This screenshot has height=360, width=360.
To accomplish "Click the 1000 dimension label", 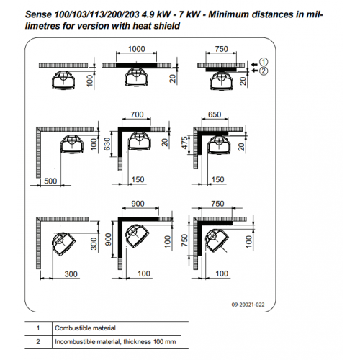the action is (136, 49).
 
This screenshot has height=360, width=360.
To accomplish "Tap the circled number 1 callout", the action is (264, 62).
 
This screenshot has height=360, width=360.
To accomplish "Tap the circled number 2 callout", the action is (264, 71).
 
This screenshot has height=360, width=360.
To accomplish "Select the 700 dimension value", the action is (137, 114).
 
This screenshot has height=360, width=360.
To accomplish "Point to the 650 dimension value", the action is (215, 114).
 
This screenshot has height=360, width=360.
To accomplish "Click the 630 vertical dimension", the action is (107, 144).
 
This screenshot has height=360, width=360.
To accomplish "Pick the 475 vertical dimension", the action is (184, 143).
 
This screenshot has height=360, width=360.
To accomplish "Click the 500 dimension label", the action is (50, 181).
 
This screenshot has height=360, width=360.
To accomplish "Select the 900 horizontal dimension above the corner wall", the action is (138, 204).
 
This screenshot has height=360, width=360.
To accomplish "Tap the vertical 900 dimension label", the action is (108, 239).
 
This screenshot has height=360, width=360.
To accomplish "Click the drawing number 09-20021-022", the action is (248, 305).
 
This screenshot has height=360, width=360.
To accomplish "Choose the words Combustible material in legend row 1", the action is (85, 328).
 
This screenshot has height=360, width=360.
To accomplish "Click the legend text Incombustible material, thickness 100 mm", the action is (115, 342).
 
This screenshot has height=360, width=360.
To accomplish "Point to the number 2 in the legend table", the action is (38, 342).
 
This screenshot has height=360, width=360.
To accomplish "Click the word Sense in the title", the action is (38, 14).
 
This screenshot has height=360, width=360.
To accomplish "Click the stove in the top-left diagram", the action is (64, 80).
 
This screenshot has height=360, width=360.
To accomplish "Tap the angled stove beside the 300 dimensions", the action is (63, 244).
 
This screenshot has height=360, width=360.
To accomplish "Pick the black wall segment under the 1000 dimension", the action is (137, 65).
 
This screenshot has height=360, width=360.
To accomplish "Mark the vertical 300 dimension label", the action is (94, 243).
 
